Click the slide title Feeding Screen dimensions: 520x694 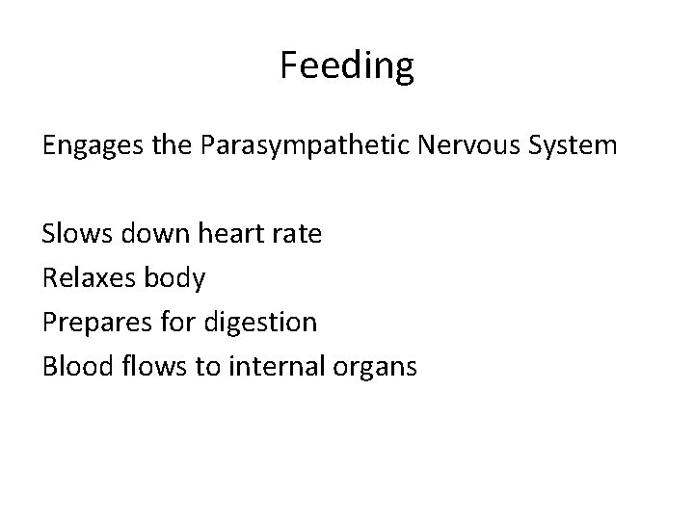(x=347, y=65)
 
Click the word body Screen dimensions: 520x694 (x=173, y=278)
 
